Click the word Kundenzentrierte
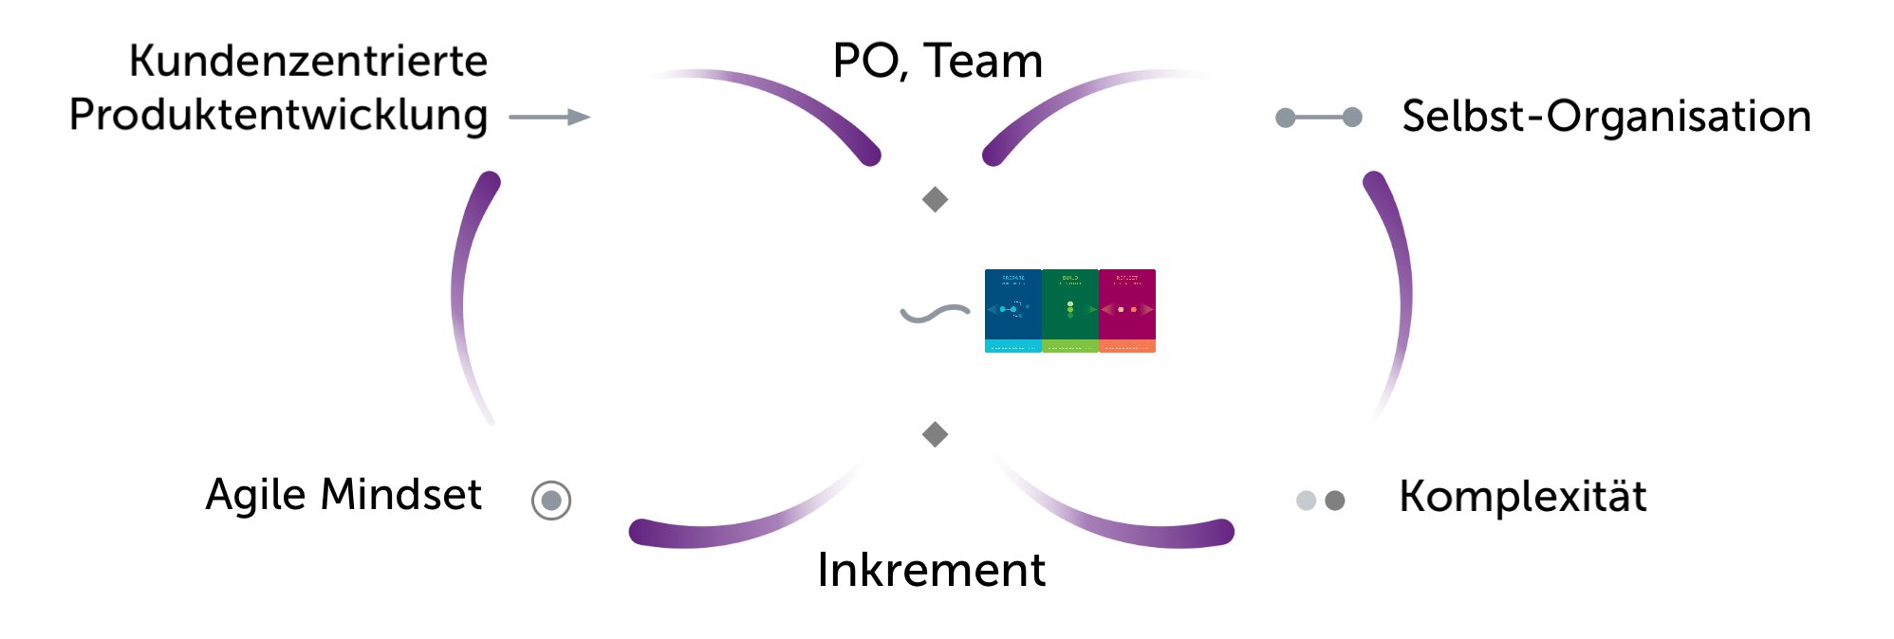click(307, 62)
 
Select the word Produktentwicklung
click(278, 116)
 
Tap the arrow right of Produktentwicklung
click(549, 117)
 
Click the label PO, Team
click(938, 62)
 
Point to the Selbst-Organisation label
click(1606, 117)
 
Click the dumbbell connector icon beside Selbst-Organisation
click(1318, 118)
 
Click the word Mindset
click(400, 495)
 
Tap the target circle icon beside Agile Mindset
click(551, 500)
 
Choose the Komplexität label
click(1522, 497)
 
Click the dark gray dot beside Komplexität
click(1334, 500)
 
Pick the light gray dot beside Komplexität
click(1306, 500)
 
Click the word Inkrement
click(931, 570)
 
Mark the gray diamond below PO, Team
click(936, 199)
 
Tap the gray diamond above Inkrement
click(936, 434)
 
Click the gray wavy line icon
click(935, 313)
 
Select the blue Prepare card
click(1012, 310)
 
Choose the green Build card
click(1069, 310)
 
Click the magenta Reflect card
click(1127, 310)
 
